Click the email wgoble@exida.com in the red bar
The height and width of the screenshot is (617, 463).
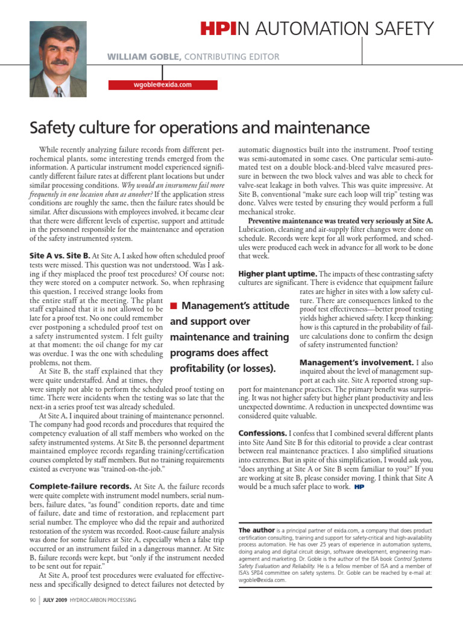click(x=162, y=85)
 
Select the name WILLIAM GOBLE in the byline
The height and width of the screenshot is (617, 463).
click(x=142, y=57)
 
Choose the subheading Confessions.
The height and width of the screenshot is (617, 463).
click(x=262, y=433)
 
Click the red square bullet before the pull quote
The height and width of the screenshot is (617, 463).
click(x=173, y=307)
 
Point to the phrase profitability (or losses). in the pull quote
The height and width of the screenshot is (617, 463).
click(x=224, y=368)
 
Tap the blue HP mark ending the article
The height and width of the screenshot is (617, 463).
click(x=359, y=486)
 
